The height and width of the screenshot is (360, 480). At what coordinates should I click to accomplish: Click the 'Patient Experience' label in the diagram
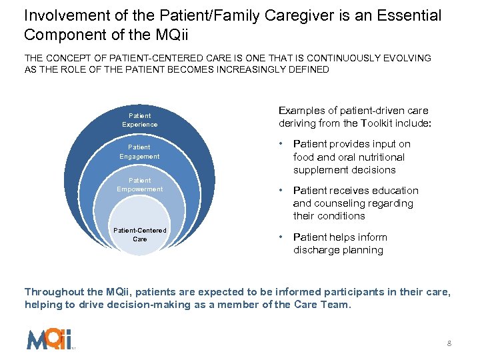click(140, 120)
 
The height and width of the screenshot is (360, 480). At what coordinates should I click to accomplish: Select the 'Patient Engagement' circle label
click(140, 151)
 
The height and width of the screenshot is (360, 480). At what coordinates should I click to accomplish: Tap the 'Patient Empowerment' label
click(140, 185)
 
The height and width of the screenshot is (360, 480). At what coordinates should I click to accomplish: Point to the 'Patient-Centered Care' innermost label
click(140, 235)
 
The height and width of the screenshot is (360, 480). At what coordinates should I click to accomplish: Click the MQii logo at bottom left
click(49, 339)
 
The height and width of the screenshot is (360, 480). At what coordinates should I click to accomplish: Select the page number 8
click(449, 343)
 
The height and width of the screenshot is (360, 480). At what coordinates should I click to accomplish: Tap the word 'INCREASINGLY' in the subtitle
click(239, 69)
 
